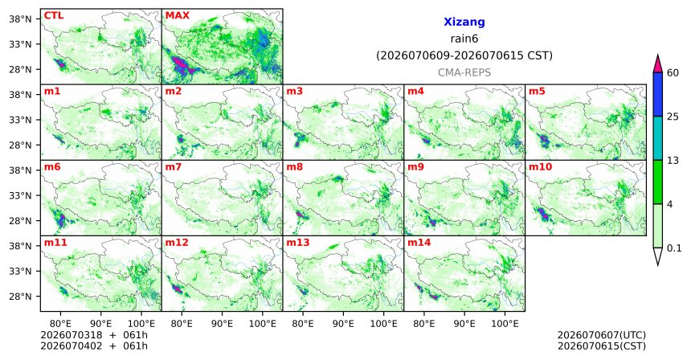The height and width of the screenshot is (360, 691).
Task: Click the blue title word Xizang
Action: pyautogui.click(x=464, y=22)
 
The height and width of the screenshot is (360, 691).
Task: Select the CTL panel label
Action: pyautogui.click(x=54, y=16)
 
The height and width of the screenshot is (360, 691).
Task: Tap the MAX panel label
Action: pyautogui.click(x=177, y=16)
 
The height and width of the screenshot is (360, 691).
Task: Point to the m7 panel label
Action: pyautogui.click(x=172, y=167)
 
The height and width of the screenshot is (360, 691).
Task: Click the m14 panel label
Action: pyautogui.click(x=419, y=243)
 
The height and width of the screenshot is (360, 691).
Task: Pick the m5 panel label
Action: pyautogui.click(x=537, y=92)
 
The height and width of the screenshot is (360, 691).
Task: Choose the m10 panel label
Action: pyautogui.click(x=540, y=167)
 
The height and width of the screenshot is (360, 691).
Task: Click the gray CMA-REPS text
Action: pyautogui.click(x=464, y=72)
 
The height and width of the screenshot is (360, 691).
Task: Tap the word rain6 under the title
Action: pyautogui.click(x=464, y=39)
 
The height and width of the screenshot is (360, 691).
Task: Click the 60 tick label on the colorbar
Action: pyautogui.click(x=673, y=72)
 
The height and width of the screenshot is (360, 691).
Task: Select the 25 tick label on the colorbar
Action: pyautogui.click(x=673, y=117)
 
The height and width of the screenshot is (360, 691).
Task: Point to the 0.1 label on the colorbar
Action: pyautogui.click(x=674, y=248)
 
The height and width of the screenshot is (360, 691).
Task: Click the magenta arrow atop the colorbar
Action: pyautogui.click(x=658, y=64)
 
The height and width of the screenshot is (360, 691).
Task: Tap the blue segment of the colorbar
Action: pyautogui.click(x=658, y=94)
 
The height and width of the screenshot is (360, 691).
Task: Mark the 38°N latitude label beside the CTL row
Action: pyautogui.click(x=20, y=19)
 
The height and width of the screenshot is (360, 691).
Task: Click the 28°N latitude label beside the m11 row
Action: pyautogui.click(x=20, y=297)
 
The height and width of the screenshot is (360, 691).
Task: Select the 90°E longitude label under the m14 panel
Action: pyautogui.click(x=464, y=324)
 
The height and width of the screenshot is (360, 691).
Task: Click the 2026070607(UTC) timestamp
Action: pyautogui.click(x=602, y=336)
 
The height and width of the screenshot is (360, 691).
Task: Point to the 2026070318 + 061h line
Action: pyautogui.click(x=94, y=336)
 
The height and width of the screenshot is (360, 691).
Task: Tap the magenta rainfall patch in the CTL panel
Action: pyautogui.click(x=61, y=64)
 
